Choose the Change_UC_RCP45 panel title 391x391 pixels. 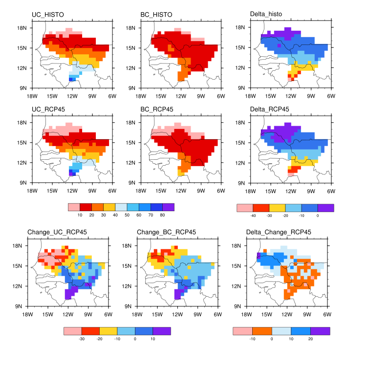point(54,232)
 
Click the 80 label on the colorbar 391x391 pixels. point(162,215)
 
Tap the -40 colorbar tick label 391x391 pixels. point(253,215)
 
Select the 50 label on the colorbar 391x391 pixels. point(127,215)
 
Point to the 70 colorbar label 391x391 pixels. point(150,215)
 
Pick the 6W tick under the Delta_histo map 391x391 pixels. point(331,95)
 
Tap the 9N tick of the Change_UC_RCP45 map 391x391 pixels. point(22,306)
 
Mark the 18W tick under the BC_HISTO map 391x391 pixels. point(141,95)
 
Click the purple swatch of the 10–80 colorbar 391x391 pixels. point(168,207)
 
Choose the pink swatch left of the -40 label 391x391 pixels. point(244,208)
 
